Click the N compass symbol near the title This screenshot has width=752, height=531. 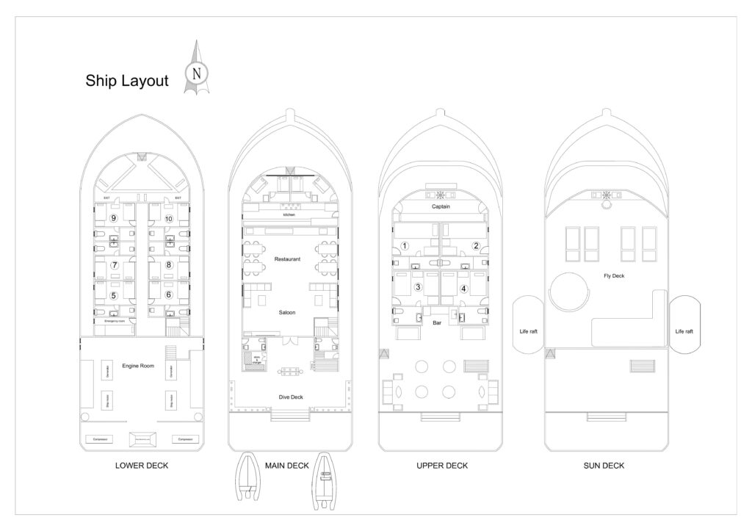196,73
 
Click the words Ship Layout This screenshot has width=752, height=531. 127,80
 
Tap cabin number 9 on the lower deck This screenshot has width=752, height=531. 113,219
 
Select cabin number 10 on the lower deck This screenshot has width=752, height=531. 168,219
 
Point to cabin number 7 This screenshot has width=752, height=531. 115,264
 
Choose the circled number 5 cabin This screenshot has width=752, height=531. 114,295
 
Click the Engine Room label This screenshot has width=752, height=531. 138,365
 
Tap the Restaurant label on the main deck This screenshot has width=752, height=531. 286,259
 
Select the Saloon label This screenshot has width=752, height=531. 286,312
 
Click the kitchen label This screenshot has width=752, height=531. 289,214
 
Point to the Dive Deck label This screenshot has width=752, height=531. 291,397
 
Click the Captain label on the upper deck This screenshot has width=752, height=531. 441,206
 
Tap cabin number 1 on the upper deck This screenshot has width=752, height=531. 405,246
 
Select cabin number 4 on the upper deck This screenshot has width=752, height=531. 463,289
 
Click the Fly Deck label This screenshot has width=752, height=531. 604,275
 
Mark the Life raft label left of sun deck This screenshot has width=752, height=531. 529,331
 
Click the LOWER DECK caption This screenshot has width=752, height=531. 142,465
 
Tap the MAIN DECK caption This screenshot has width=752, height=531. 286,465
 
